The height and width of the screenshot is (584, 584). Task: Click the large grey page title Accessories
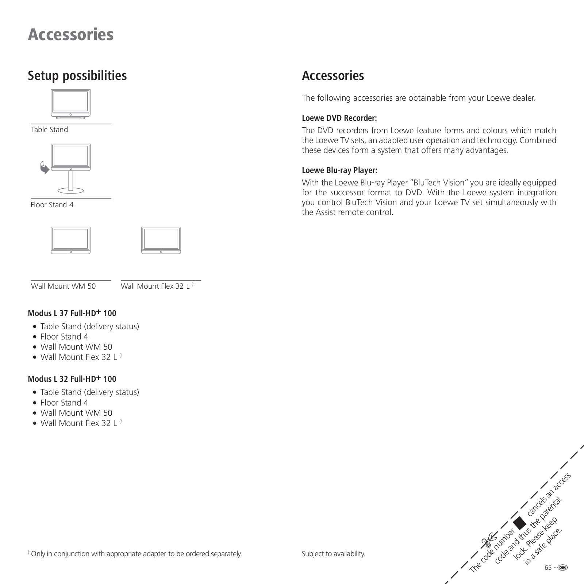70,35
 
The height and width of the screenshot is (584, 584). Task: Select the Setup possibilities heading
77,76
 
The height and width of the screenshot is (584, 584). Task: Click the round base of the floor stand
71,191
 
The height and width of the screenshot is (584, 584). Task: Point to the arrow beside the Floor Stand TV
45,168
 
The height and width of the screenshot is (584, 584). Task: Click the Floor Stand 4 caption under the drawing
52,205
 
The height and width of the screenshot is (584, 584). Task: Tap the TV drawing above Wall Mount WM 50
70,240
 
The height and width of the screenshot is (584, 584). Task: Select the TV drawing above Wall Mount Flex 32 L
161,240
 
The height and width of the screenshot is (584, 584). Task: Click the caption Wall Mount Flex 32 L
155,286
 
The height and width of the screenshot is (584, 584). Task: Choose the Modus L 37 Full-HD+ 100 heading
72,313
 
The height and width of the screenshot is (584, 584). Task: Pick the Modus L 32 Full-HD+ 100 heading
72,379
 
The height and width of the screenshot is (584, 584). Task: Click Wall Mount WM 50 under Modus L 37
76,347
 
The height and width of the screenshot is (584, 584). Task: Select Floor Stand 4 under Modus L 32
64,403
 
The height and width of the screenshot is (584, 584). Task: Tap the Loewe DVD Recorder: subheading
339,118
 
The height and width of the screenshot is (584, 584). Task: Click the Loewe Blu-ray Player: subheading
339,170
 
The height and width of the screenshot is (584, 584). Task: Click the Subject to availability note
333,554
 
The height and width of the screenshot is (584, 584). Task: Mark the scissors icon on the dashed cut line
489,539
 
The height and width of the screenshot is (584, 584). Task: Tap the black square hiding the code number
519,523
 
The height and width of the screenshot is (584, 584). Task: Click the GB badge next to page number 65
562,567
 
